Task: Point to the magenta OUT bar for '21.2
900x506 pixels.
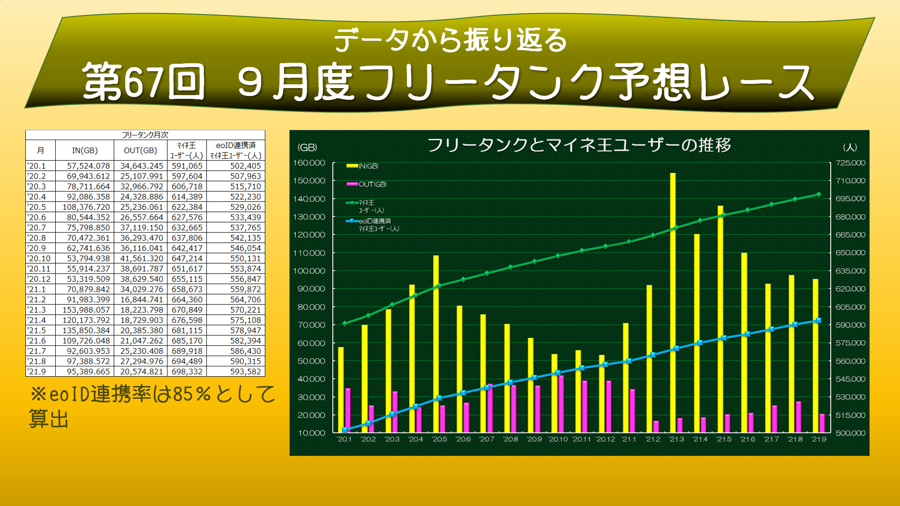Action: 656,426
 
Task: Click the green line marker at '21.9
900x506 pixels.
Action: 819,194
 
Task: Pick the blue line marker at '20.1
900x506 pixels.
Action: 345,430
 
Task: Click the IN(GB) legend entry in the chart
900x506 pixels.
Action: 363,166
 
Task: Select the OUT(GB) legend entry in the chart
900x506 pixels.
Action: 367,184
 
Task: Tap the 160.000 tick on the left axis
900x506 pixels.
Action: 309,163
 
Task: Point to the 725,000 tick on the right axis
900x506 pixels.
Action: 850,163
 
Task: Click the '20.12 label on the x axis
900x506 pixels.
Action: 605,439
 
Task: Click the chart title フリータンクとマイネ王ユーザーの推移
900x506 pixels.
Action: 579,145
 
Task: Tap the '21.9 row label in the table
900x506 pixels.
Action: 37,372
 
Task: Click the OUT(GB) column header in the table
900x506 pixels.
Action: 140,150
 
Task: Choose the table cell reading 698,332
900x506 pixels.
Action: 187,372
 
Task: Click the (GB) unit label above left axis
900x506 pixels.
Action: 307,148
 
